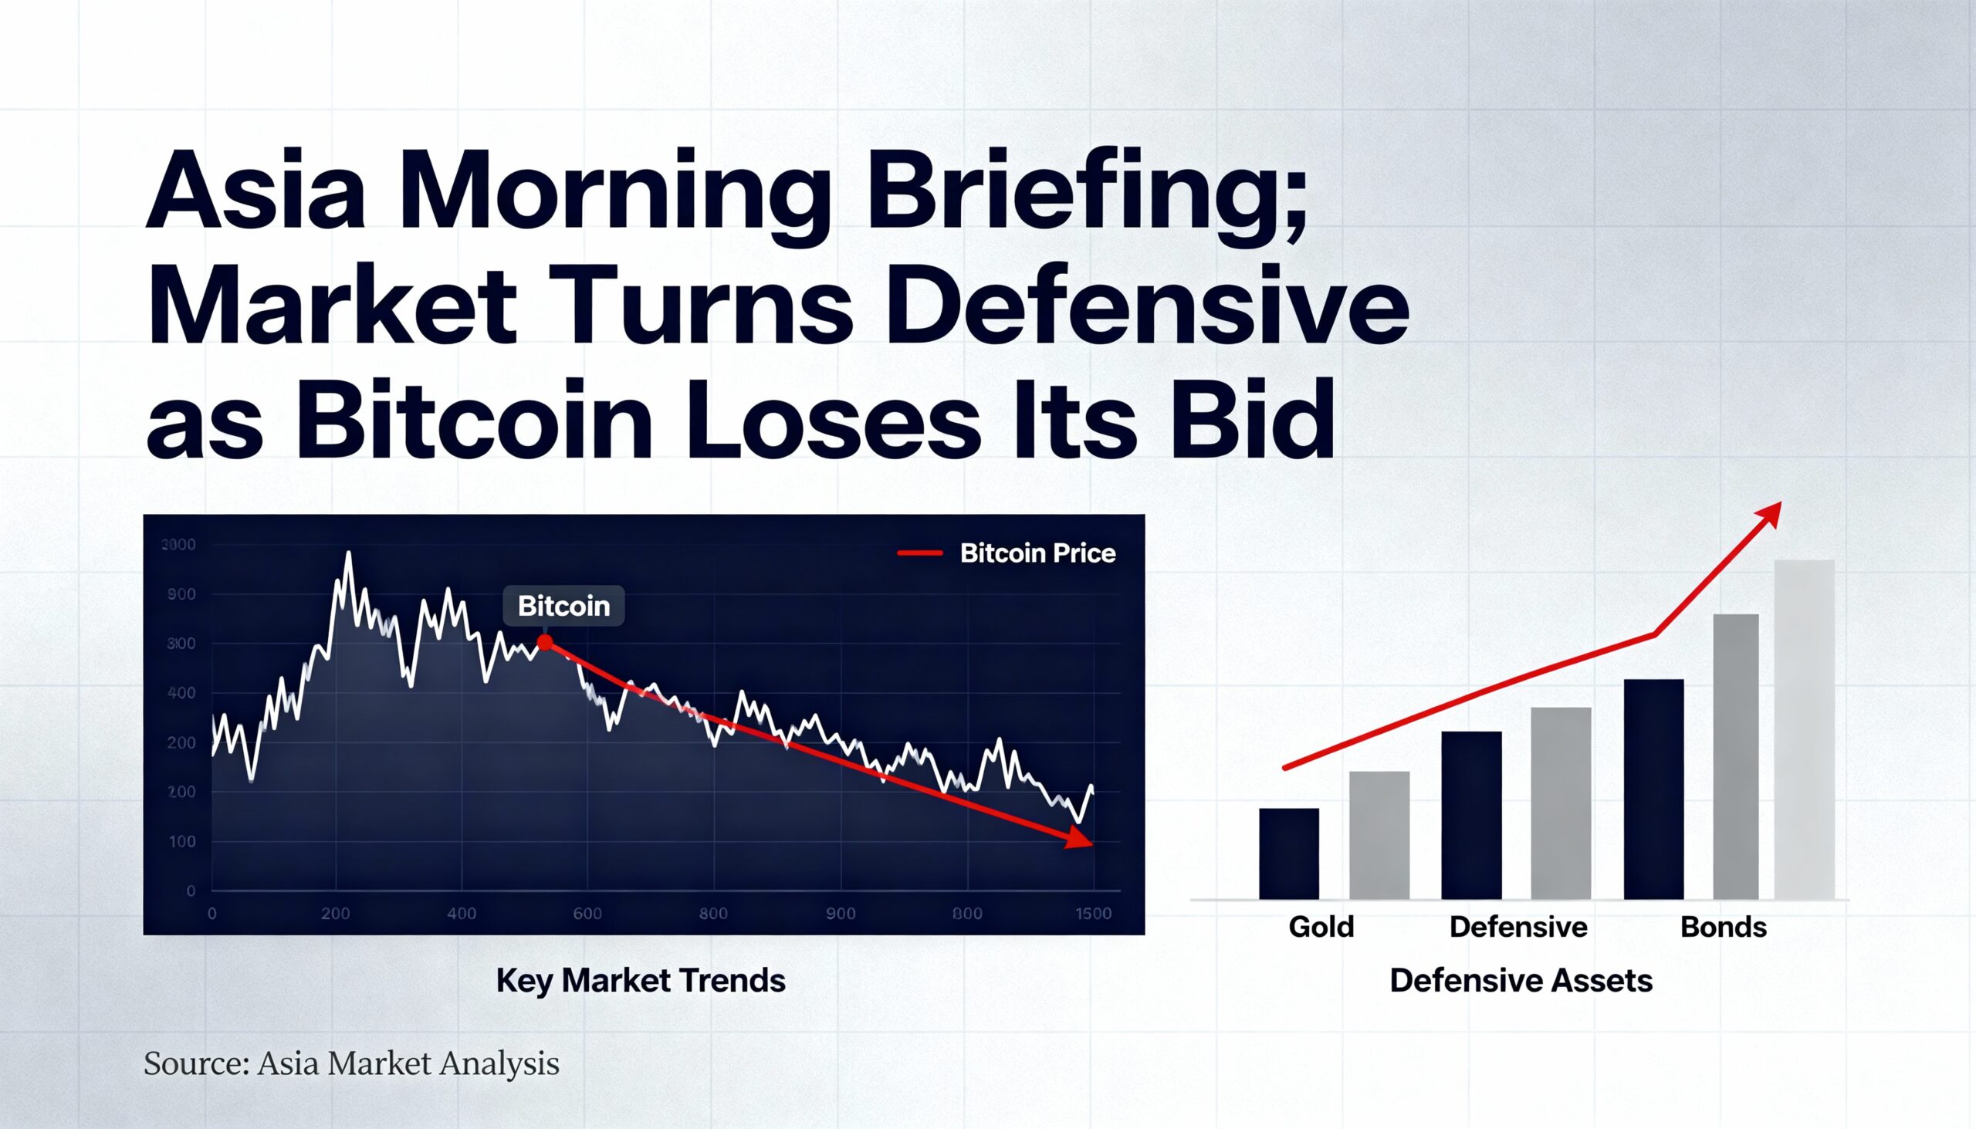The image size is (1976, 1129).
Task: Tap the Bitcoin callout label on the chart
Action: [563, 607]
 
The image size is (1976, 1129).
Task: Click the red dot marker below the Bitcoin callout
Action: [545, 643]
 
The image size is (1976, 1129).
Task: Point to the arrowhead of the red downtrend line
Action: [1080, 839]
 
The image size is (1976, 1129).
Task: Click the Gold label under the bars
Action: [1321, 928]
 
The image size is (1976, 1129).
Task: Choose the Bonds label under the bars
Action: [1723, 928]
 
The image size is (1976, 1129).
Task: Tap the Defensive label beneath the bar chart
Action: [1518, 928]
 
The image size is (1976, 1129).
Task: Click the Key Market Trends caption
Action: [641, 981]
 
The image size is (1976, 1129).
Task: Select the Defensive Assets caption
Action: [1521, 981]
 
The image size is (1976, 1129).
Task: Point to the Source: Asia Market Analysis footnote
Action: [351, 1064]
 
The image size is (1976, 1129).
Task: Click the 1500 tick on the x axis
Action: [1093, 914]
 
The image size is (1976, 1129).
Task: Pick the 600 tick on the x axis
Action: [587, 914]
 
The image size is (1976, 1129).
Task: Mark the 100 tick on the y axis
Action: [182, 842]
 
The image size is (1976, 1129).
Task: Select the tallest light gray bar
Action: [1805, 729]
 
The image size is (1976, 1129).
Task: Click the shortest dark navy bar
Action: [1289, 854]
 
